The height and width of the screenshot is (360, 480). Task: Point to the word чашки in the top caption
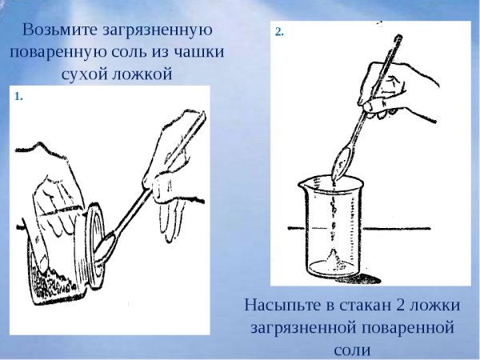(x=197, y=53)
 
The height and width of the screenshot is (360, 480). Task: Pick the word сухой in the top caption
(x=84, y=75)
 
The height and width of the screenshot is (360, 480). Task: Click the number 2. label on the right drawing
(x=279, y=32)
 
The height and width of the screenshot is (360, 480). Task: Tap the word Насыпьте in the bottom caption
(x=281, y=306)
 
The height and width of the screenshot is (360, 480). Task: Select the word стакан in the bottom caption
(x=361, y=306)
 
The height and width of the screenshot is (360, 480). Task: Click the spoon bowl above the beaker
(x=341, y=163)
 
